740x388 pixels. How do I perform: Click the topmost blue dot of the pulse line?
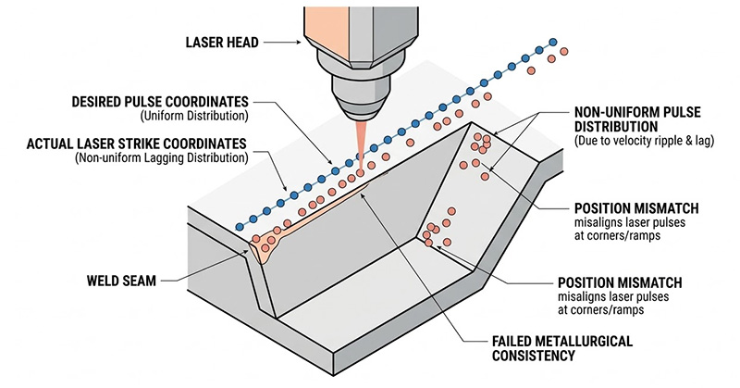click(553, 43)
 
